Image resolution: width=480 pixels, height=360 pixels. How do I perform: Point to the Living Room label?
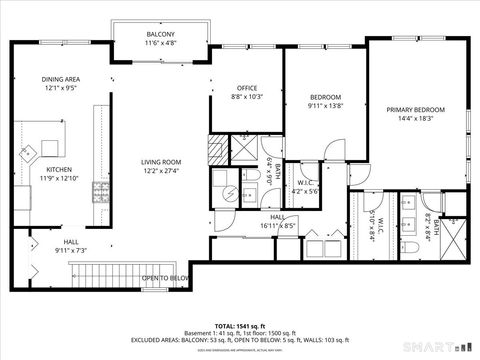click(x=160, y=162)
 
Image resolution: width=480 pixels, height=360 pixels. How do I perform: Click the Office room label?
click(x=246, y=88)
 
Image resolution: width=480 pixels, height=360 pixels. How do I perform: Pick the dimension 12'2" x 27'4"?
click(x=160, y=170)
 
